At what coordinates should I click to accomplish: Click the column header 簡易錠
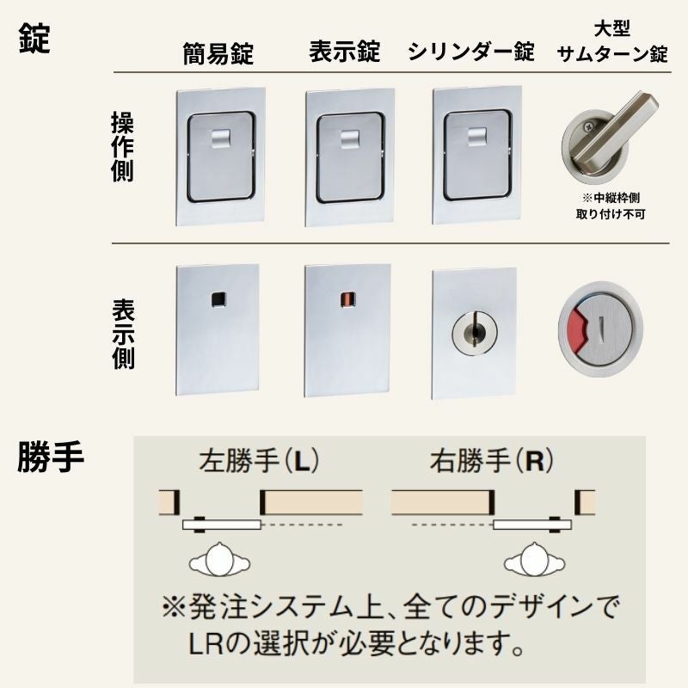coord(218,53)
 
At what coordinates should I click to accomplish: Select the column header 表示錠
coord(344,52)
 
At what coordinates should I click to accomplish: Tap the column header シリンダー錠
coord(470,52)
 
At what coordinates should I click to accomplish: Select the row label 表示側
coord(122,335)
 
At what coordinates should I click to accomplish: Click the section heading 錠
coord(34,39)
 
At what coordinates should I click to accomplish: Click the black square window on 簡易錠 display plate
coord(218,298)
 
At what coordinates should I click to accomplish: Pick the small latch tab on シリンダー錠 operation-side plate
coord(474,135)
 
